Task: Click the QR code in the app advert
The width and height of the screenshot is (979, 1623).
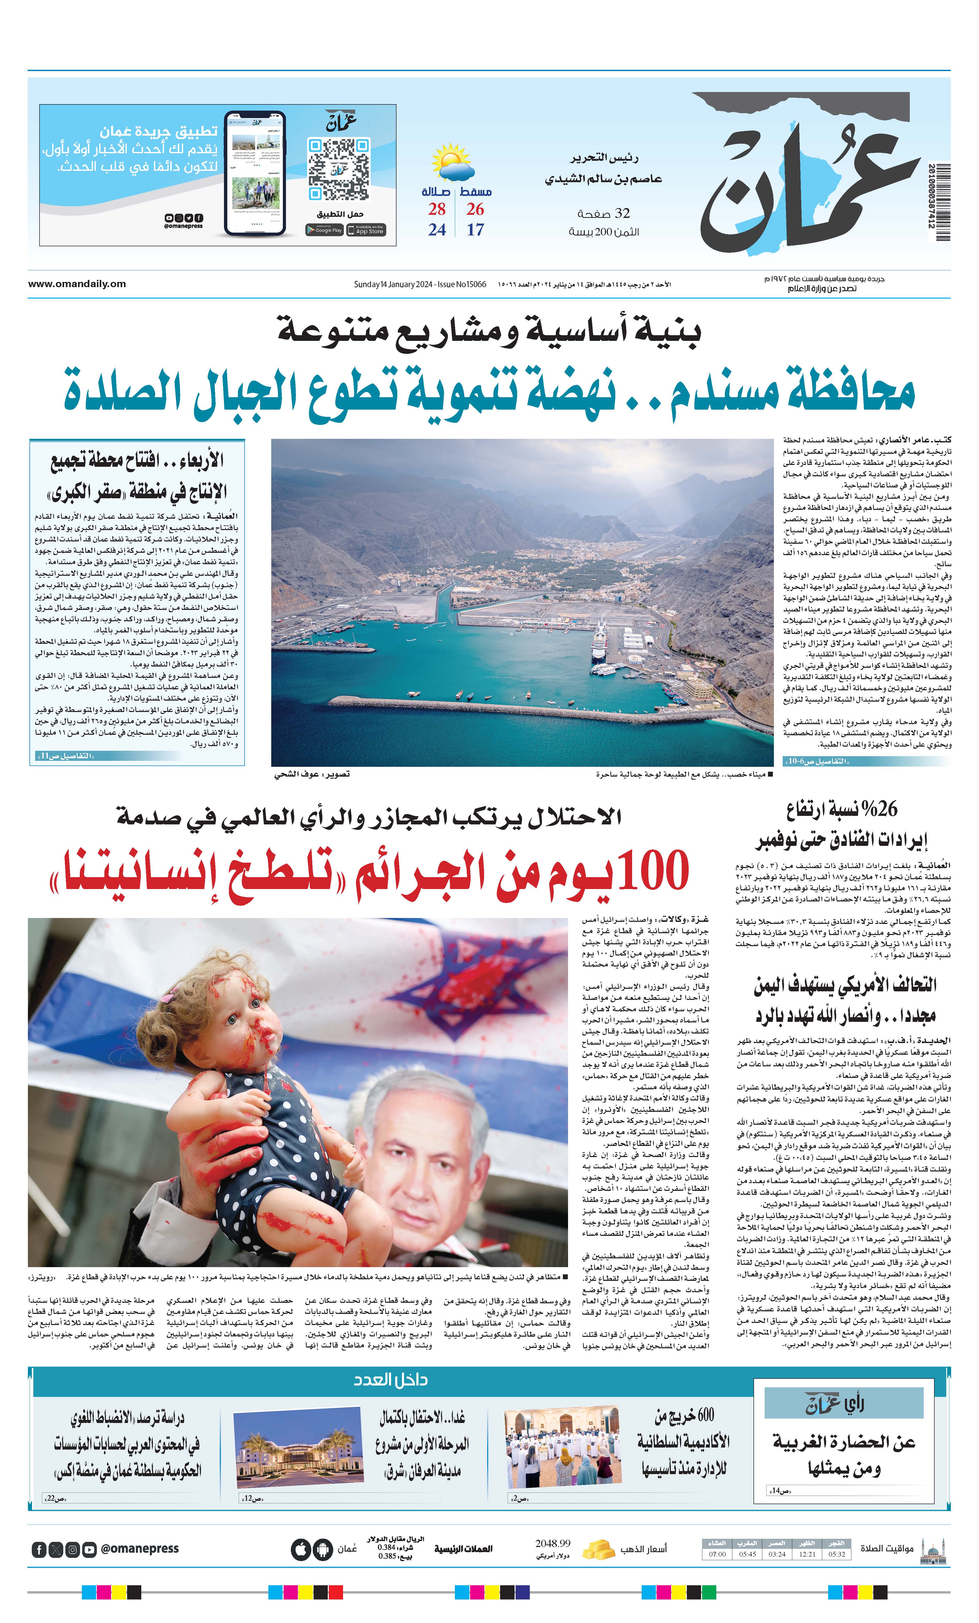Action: (x=338, y=169)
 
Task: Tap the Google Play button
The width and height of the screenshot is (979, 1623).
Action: (x=324, y=230)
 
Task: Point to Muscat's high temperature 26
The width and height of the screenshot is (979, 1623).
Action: (x=475, y=209)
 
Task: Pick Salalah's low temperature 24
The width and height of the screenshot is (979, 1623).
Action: (x=437, y=230)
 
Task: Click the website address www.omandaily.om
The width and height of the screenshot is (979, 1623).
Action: (x=77, y=284)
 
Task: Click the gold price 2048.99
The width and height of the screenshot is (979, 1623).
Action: (x=552, y=1543)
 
